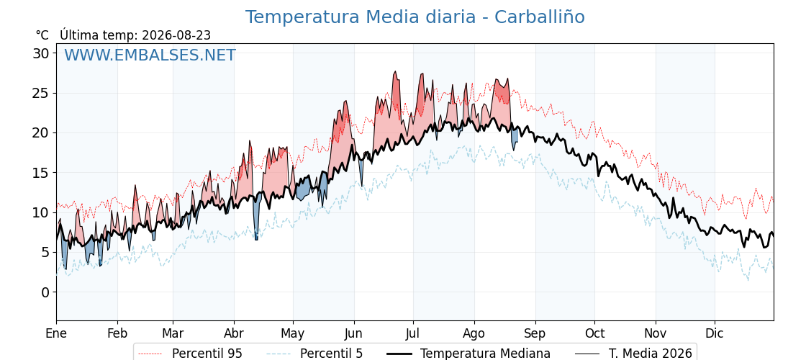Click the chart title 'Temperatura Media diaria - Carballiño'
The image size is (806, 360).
[415, 17]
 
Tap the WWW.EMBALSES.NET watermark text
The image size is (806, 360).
[150, 55]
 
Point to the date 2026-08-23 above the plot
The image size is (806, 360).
[176, 35]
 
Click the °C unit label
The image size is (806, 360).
[42, 35]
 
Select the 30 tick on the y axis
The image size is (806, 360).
[42, 53]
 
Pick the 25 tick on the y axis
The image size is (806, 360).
[42, 93]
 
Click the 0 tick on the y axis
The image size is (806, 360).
[46, 292]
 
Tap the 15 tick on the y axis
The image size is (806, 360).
[42, 173]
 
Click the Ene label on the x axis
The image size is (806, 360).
[56, 333]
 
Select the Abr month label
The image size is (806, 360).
[234, 333]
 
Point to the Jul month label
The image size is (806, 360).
[413, 333]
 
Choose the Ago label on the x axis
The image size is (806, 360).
[474, 333]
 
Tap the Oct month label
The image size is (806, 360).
[594, 333]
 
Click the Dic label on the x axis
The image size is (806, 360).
[715, 333]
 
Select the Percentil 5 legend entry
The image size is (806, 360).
[315, 354]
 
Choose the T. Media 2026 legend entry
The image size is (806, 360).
[633, 354]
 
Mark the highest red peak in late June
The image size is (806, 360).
[395, 72]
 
